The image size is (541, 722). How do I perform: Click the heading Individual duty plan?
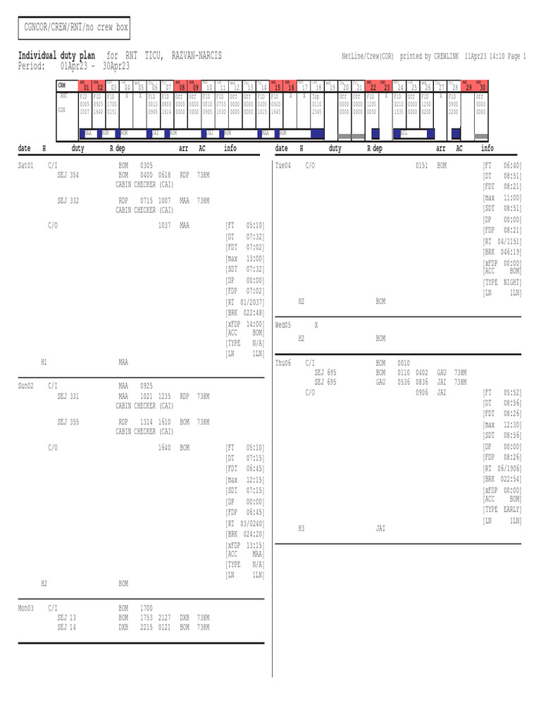(x=56, y=56)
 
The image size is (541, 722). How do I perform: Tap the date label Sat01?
(x=26, y=164)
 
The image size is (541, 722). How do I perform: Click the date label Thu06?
(x=283, y=362)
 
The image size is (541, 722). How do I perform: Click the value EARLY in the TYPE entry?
(x=511, y=509)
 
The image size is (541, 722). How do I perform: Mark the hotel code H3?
(x=301, y=527)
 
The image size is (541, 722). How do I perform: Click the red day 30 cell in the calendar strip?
(x=483, y=87)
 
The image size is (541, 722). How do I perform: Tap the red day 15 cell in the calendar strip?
(x=278, y=87)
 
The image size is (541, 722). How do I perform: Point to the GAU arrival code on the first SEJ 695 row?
(x=442, y=372)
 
